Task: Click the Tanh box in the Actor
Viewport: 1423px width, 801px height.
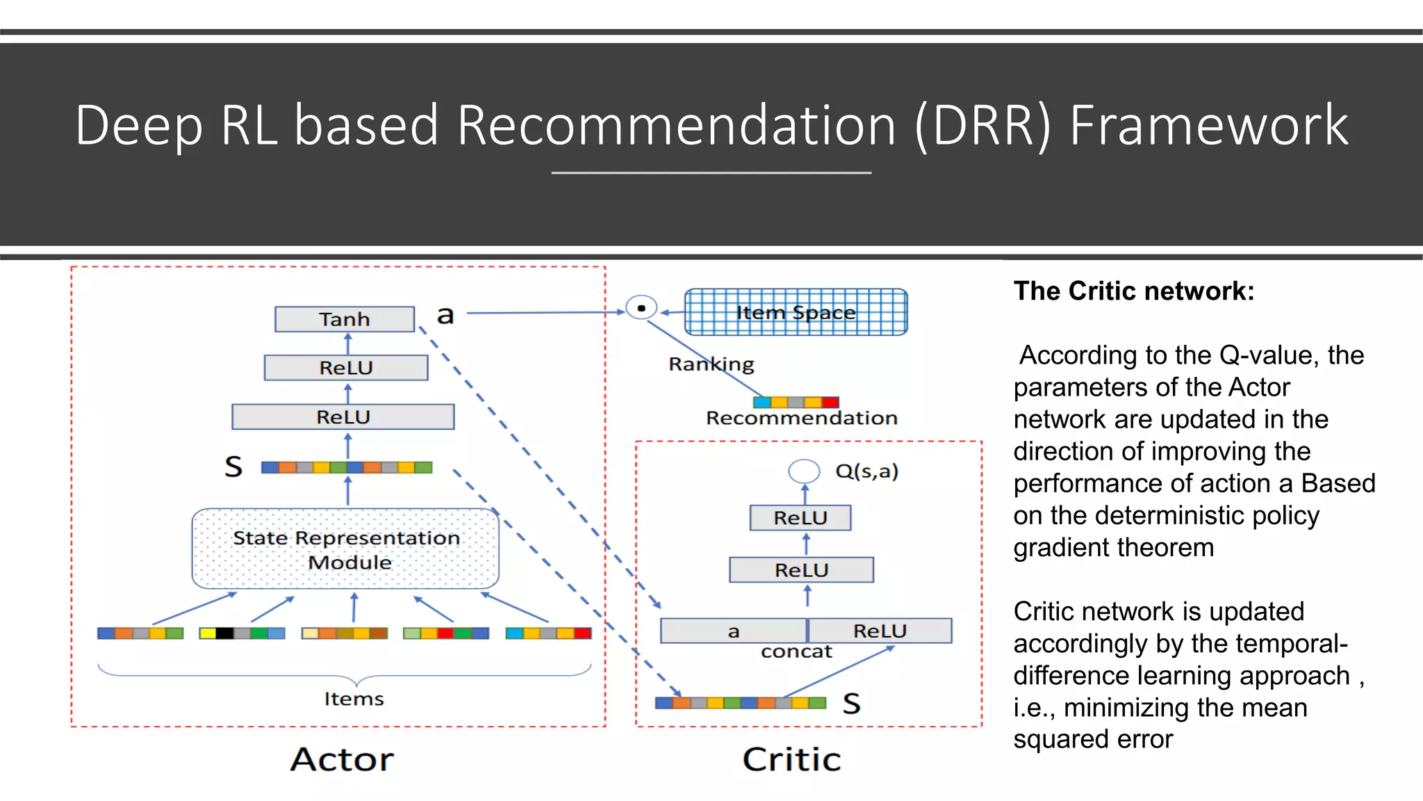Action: [345, 319]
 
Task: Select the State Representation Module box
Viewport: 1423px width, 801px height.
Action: [345, 549]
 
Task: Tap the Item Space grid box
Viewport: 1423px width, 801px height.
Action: [796, 312]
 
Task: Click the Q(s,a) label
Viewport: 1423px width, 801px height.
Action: [866, 471]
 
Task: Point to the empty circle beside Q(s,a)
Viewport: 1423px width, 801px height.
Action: [804, 471]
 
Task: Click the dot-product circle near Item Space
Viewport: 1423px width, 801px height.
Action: [641, 307]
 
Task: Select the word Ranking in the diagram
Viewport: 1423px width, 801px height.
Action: [711, 364]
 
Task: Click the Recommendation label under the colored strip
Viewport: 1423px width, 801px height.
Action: [801, 418]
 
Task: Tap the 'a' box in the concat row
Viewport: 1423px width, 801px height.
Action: [733, 631]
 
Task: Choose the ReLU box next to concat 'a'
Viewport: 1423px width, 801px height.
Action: [880, 631]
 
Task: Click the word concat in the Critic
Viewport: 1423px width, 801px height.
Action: [796, 652]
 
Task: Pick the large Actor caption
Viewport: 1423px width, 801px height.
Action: [342, 759]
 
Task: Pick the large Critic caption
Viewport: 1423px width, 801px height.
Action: [791, 759]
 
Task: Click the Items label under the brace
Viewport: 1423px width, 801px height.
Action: [354, 699]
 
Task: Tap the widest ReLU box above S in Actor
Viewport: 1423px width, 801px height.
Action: [343, 417]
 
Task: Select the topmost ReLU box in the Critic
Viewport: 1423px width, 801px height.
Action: [800, 518]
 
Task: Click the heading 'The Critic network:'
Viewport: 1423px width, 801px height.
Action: [1134, 291]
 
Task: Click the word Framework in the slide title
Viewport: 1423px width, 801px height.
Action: [1208, 125]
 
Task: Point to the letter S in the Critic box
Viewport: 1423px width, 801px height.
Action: [851, 704]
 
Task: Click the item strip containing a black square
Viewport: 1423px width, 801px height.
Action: [242, 633]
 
